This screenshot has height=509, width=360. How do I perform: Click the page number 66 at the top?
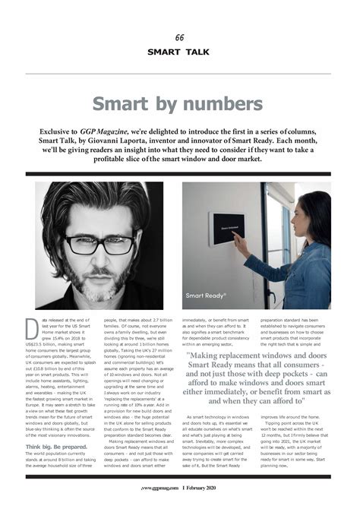pos(179,38)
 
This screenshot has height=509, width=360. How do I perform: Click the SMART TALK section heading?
pos(179,52)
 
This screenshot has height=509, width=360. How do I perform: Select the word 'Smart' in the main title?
pos(123,104)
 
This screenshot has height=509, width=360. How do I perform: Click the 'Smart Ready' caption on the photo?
pos(205,295)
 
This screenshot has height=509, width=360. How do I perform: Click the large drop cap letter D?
pos(31,327)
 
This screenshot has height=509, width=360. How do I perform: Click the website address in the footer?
pos(161,488)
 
